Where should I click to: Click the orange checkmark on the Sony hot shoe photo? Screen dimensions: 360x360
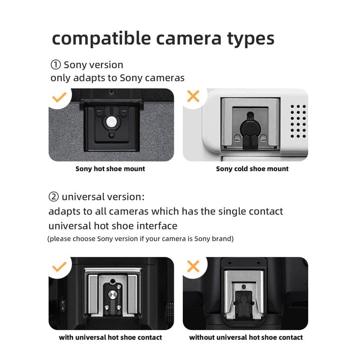pyautogui.click(x=59, y=98)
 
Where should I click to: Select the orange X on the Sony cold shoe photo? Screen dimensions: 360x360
pyautogui.click(x=193, y=97)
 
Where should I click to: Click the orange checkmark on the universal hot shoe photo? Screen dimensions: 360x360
pyautogui.click(x=59, y=267)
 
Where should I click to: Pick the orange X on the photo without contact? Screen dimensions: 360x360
pyautogui.click(x=193, y=266)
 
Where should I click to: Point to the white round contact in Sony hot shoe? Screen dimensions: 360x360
pyautogui.click(x=111, y=122)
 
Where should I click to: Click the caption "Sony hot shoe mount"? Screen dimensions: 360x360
pyautogui.click(x=110, y=169)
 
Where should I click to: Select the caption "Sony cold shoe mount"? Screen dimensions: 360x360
pyautogui.click(x=252, y=169)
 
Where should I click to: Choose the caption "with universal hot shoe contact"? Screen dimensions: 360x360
pyautogui.click(x=111, y=337)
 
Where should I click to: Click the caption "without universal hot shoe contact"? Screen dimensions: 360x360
pyautogui.click(x=246, y=337)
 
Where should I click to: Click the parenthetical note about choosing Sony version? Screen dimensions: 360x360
pyautogui.click(x=140, y=239)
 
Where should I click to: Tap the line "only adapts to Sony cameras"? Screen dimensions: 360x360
pyautogui.click(x=118, y=78)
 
